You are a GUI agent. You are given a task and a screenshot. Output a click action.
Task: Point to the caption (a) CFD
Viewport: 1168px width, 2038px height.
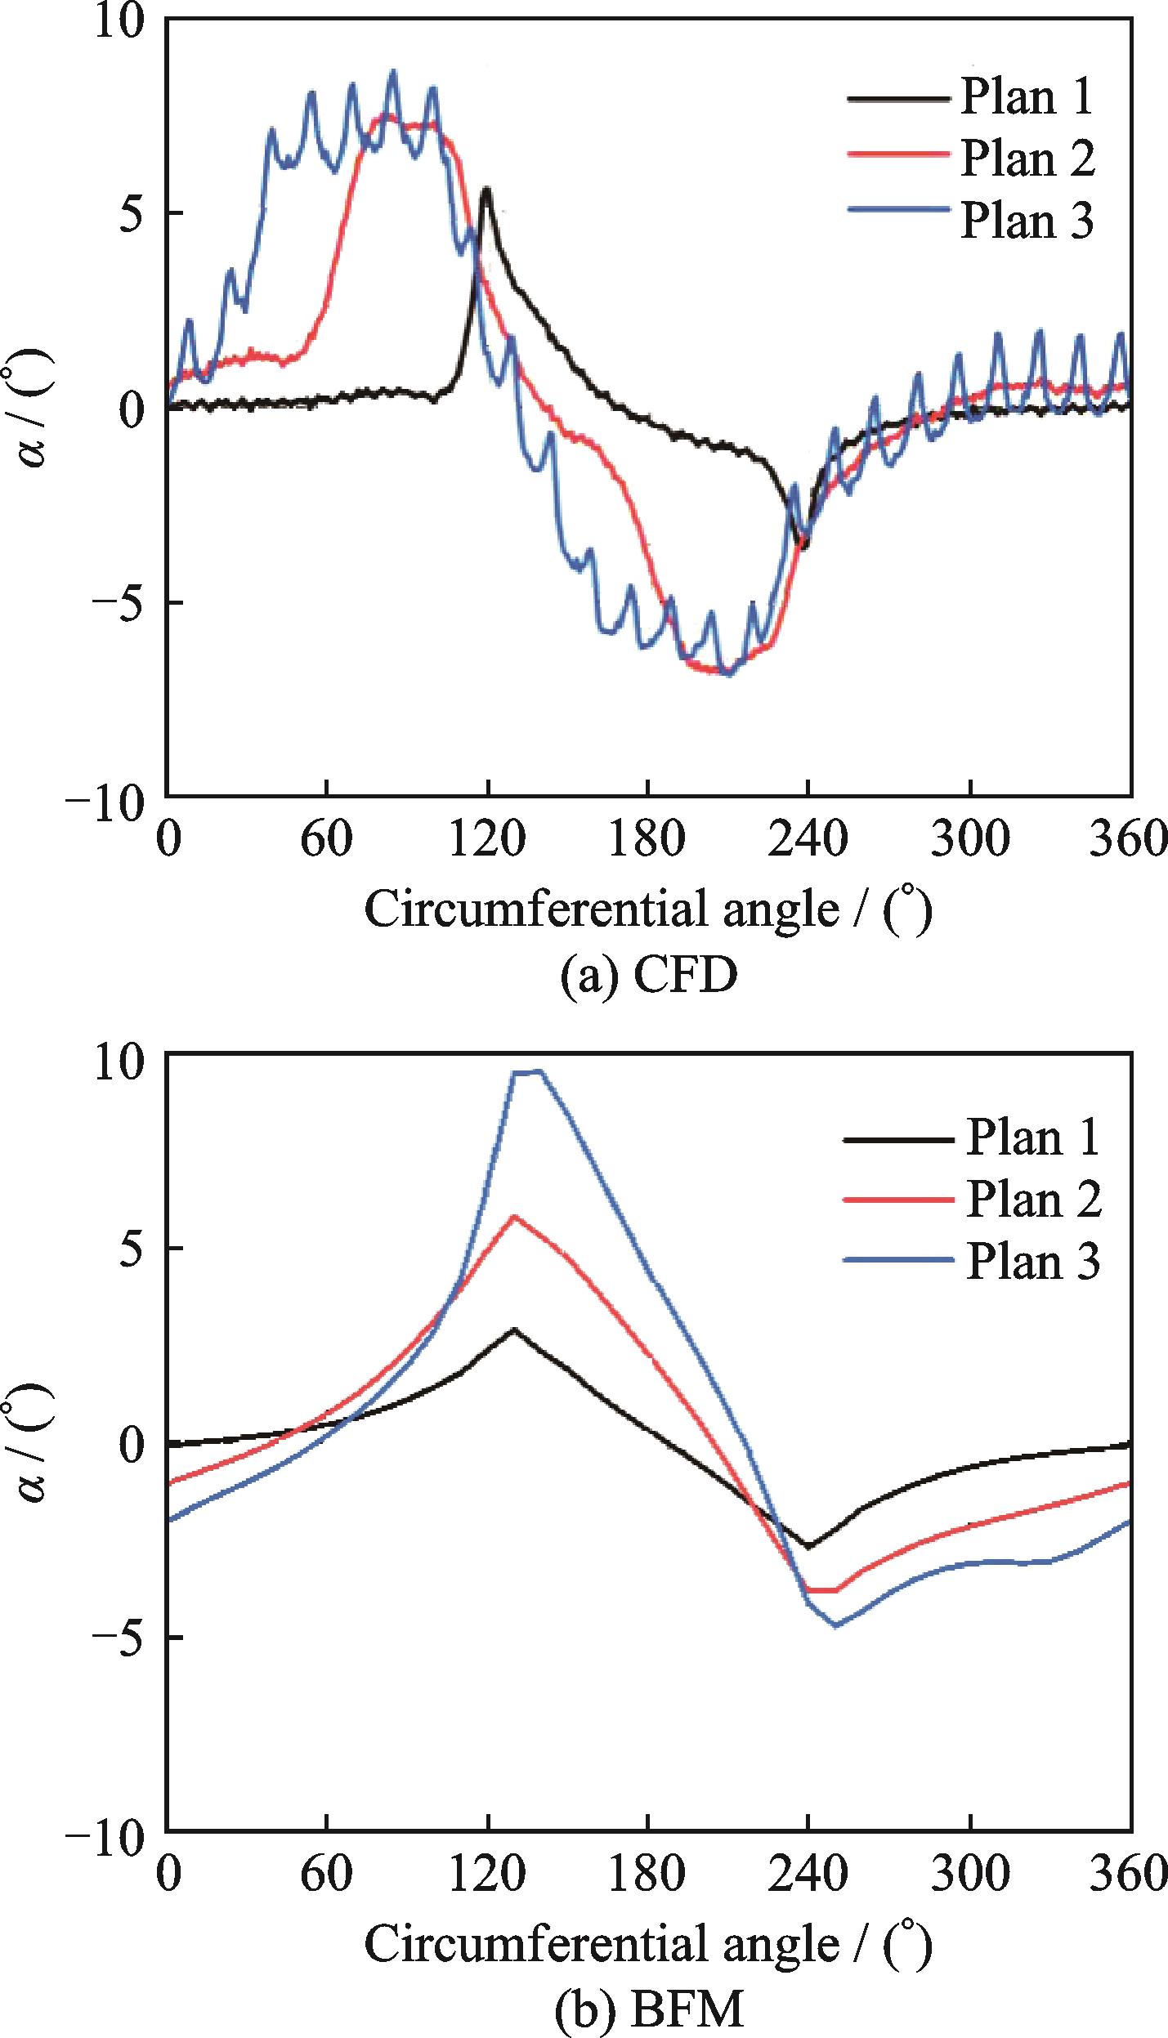[648, 975]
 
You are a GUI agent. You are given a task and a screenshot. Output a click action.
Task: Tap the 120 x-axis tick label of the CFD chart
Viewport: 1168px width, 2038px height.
[487, 840]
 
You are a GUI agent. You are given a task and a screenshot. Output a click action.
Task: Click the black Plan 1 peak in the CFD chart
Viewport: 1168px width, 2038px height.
[486, 190]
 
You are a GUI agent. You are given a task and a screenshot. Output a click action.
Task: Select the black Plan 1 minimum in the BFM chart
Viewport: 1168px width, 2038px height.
[808, 1547]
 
